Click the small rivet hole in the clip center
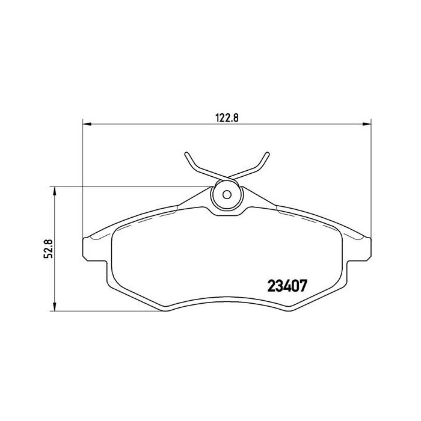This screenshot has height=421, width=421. click(227, 194)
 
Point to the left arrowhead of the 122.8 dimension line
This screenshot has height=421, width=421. click(85, 124)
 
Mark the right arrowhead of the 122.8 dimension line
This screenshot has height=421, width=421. click(367, 124)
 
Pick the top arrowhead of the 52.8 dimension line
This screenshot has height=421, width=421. click(55, 190)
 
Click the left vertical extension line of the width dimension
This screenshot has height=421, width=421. click(81, 180)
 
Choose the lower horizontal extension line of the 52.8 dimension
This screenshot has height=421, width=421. click(108, 311)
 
